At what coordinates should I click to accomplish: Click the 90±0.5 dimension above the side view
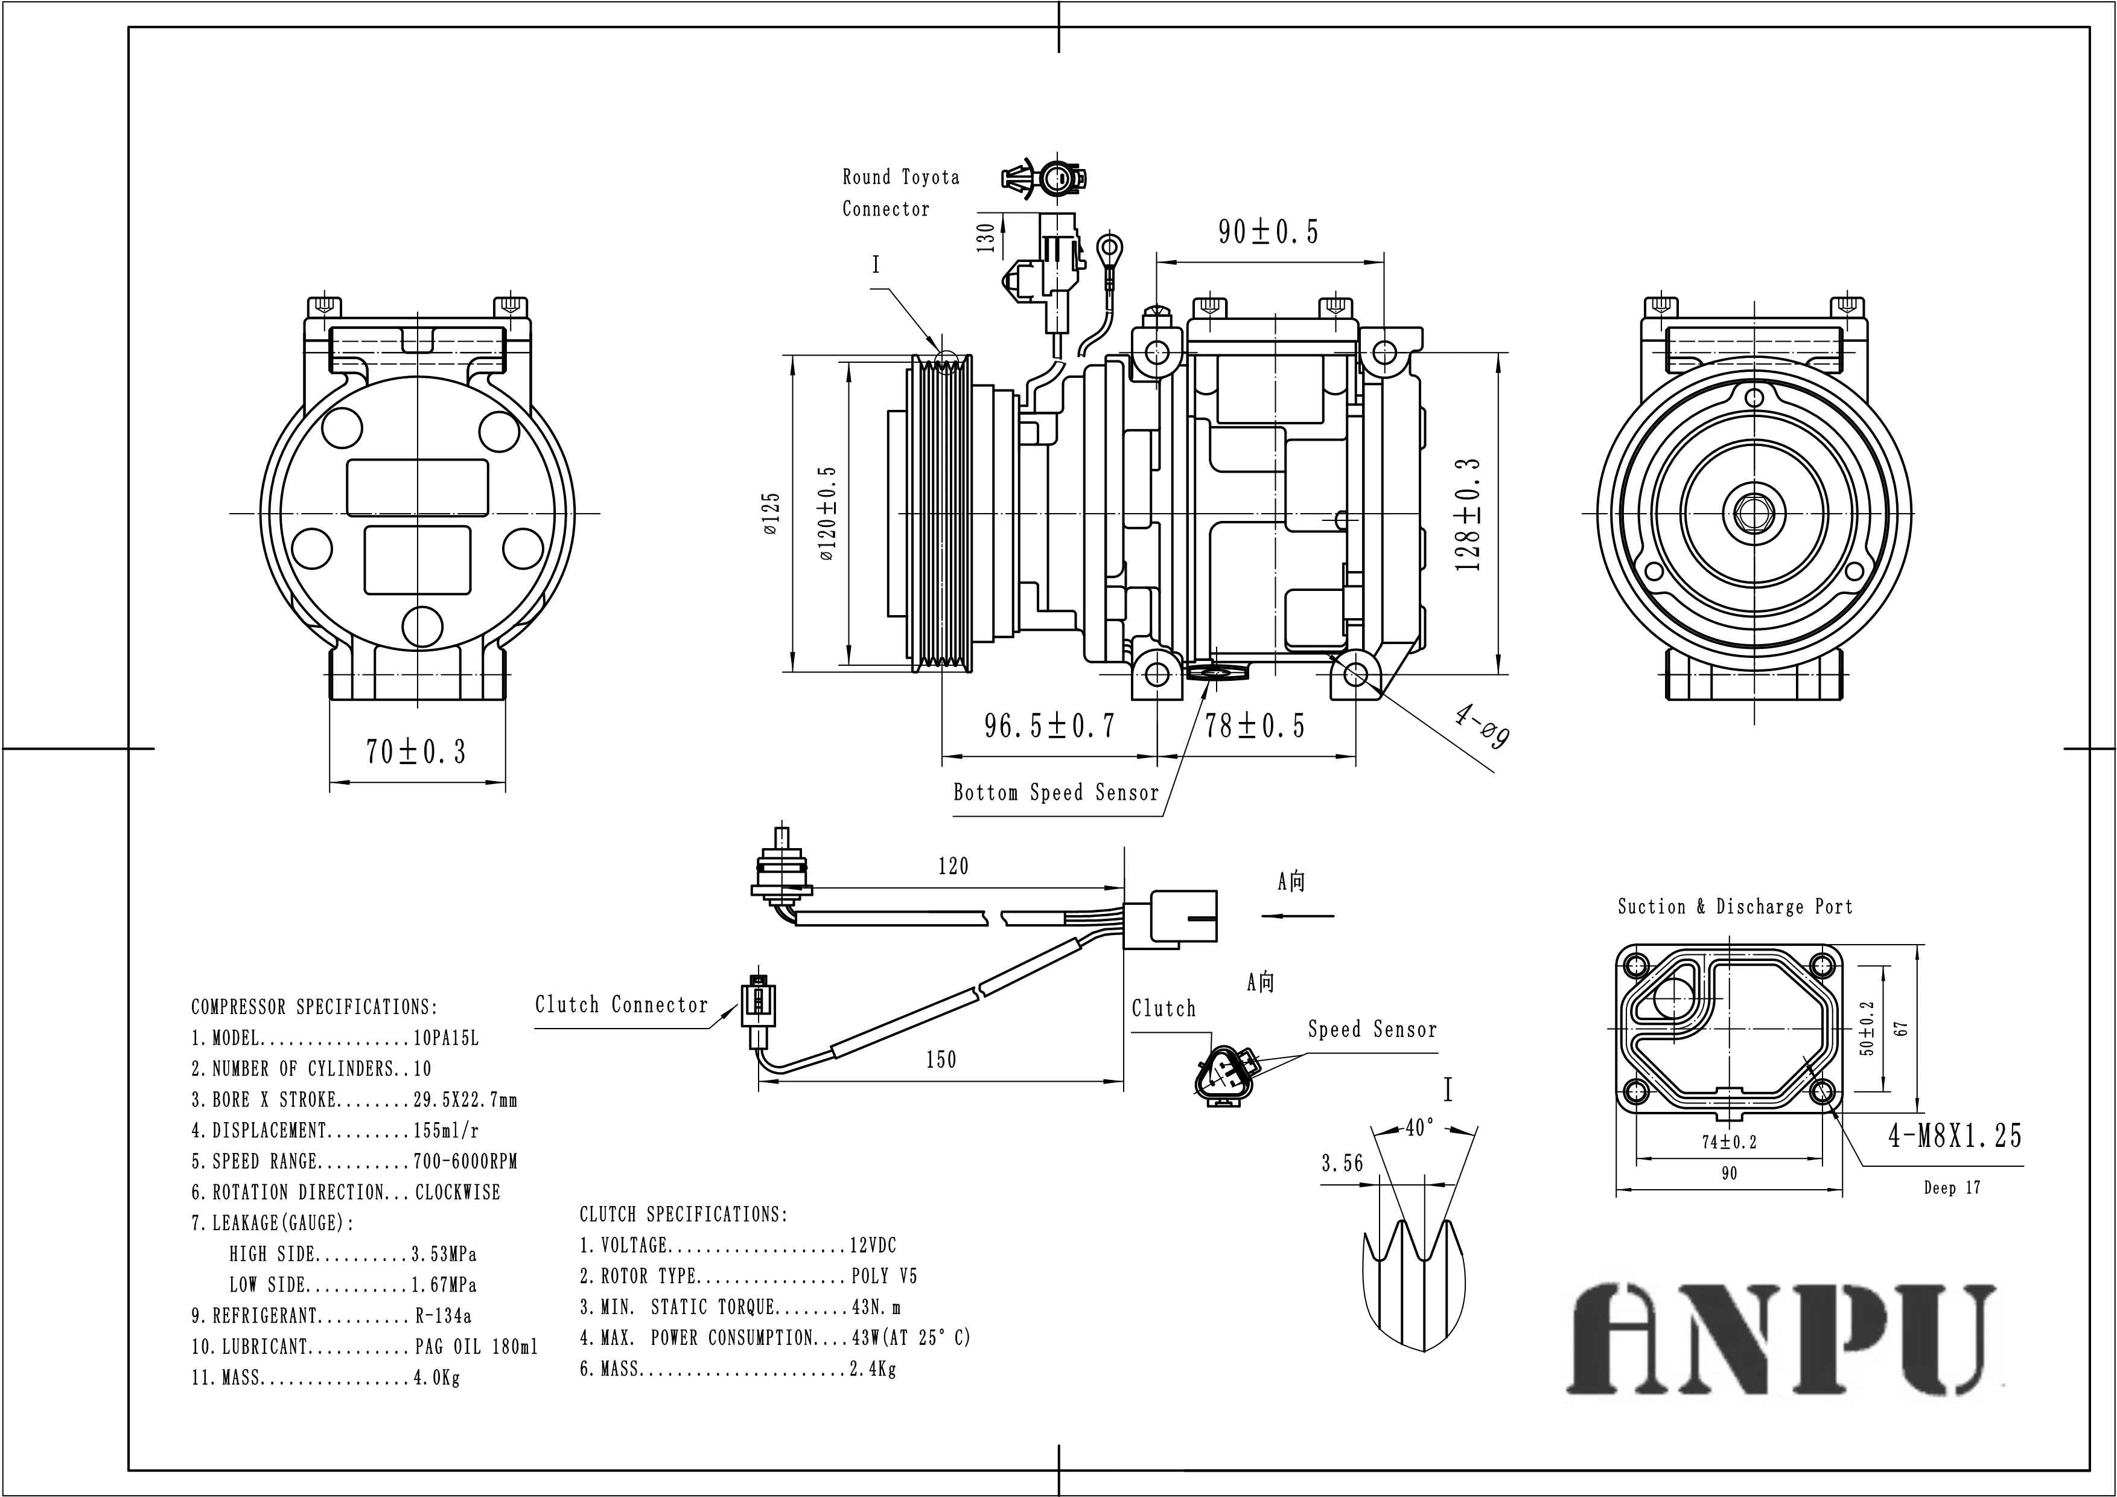pyautogui.click(x=1268, y=232)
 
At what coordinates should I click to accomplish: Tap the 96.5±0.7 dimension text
pyautogui.click(x=1049, y=726)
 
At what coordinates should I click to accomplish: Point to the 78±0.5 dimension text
pyautogui.click(x=1255, y=726)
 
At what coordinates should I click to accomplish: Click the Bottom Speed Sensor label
pyautogui.click(x=1055, y=793)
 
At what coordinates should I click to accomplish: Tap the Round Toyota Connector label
pyautogui.click(x=900, y=193)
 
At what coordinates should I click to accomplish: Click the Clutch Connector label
pyautogui.click(x=622, y=1004)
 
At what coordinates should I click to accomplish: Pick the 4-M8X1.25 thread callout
pyautogui.click(x=1955, y=1135)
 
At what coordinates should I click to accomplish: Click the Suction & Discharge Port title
pyautogui.click(x=1734, y=907)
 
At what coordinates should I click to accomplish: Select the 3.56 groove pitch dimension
pyautogui.click(x=1342, y=1164)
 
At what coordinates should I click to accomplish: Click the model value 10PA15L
pyautogui.click(x=446, y=1039)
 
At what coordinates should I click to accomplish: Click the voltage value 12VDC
pyautogui.click(x=872, y=1245)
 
